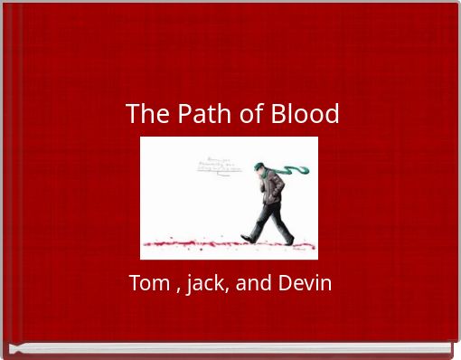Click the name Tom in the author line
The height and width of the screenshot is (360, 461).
tap(148, 283)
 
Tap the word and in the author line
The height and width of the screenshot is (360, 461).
tap(253, 283)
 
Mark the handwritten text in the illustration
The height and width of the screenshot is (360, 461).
tap(217, 164)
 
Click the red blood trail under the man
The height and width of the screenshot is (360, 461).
tap(226, 245)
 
